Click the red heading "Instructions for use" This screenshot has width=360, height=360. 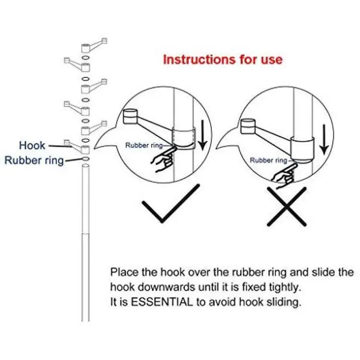point(222,60)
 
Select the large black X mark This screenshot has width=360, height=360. point(287,206)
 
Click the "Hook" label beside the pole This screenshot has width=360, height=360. point(32,145)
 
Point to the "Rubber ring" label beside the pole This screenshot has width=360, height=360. point(34,160)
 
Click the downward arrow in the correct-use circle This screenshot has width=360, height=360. point(203,135)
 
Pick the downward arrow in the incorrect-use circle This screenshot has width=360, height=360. point(324,139)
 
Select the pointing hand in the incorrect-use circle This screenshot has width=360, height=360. point(284,175)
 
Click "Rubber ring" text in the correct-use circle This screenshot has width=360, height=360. point(144,145)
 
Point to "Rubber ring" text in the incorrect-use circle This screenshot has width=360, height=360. point(269,160)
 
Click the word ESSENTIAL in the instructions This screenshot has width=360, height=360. point(162,302)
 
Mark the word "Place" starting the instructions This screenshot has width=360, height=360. point(124,272)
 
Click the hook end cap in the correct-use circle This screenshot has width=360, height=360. point(131,116)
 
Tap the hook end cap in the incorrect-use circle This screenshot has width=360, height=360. point(248,126)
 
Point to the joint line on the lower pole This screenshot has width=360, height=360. point(85,234)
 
